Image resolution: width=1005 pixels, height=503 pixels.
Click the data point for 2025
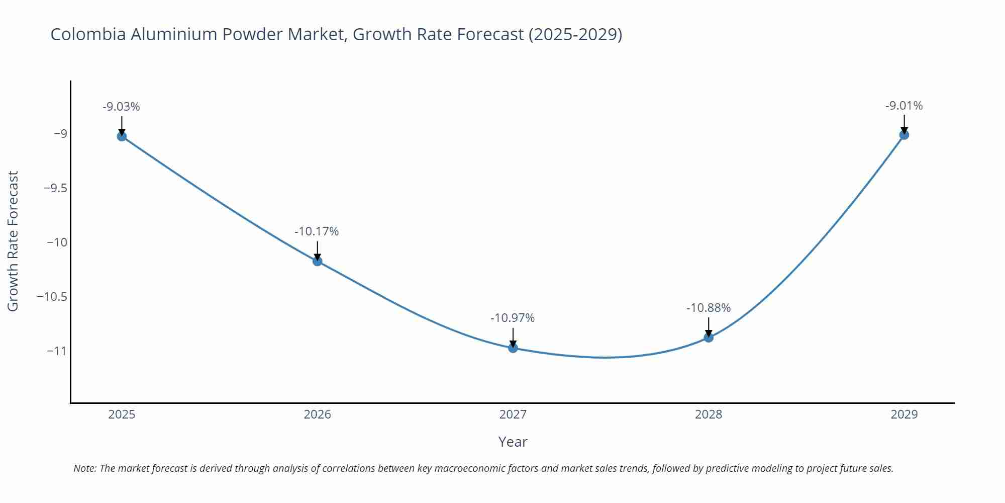click(122, 136)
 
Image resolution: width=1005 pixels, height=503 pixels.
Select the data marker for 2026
click(317, 261)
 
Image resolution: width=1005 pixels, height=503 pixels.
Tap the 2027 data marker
click(513, 348)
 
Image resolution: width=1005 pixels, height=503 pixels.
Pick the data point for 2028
click(709, 338)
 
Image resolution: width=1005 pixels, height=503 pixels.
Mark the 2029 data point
click(904, 135)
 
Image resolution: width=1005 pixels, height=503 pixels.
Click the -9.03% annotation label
click(121, 107)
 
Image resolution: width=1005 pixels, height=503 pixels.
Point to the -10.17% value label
click(317, 231)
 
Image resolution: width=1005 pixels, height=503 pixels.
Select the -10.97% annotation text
click(513, 318)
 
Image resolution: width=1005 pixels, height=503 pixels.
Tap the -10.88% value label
click(709, 308)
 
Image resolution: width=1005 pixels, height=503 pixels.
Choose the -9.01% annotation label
click(904, 106)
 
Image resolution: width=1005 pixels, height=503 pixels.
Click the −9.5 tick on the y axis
click(55, 188)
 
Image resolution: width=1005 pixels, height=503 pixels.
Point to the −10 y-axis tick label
click(57, 242)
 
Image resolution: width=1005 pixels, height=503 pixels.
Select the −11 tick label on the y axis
click(57, 351)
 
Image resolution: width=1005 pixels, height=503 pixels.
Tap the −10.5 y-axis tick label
click(52, 297)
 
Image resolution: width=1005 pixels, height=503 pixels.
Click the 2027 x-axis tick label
click(513, 414)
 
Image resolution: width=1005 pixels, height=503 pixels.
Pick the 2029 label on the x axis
click(904, 414)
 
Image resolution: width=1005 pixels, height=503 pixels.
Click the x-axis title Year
click(513, 442)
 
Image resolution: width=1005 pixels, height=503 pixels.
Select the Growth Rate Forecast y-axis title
click(13, 241)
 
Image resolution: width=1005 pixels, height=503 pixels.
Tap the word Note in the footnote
click(84, 468)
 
